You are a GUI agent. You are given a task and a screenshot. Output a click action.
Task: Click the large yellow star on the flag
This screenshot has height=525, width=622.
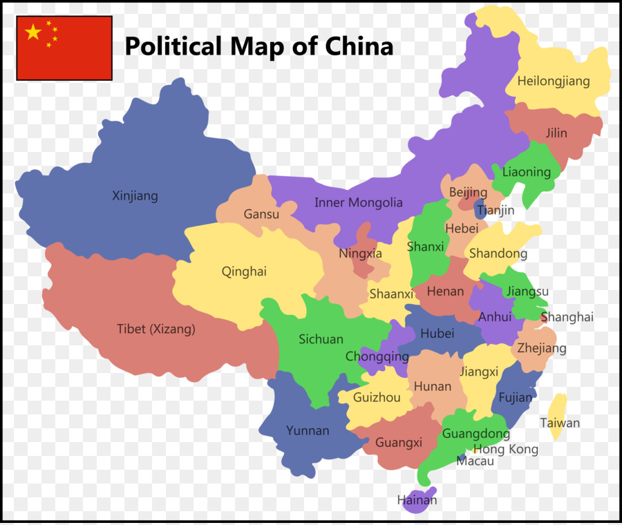33,32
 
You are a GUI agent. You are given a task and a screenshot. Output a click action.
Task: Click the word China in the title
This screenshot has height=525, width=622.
359,46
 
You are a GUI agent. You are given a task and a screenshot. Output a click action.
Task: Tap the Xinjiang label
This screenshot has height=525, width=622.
135,196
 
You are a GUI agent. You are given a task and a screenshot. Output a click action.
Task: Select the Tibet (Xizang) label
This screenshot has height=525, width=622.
155,330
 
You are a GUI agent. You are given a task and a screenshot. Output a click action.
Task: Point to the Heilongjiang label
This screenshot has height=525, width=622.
554,82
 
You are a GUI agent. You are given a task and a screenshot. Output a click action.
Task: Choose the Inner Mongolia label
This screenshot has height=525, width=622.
358,203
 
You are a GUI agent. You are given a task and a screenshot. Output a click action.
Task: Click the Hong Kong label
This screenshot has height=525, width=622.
505,450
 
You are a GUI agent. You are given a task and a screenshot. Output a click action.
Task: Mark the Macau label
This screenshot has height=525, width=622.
475,461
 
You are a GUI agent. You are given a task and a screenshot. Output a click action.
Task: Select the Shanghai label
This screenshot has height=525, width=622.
567,318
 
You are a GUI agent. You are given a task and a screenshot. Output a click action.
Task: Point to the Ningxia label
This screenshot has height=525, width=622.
360,254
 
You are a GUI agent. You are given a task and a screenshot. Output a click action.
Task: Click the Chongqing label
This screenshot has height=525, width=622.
377,357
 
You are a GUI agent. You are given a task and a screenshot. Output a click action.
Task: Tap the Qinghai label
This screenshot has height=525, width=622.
244,271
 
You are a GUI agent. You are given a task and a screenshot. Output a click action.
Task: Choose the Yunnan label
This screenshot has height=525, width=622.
308,431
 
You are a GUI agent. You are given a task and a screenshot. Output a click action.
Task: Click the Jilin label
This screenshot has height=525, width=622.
556,133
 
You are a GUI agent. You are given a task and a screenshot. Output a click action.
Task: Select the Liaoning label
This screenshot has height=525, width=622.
527,172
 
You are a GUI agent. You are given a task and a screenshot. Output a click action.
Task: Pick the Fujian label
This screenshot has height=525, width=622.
516,397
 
